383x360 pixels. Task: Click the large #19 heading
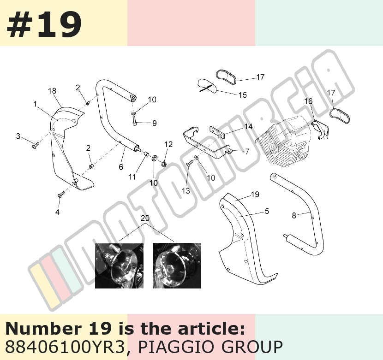[x=44, y=24]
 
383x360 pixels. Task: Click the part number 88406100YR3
[x=65, y=347]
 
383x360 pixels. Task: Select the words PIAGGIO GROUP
[x=210, y=347]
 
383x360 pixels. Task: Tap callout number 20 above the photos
[x=145, y=218]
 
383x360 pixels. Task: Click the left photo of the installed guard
[x=119, y=266]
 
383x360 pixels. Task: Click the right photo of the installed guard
[x=177, y=266]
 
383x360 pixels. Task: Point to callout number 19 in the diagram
[x=255, y=195]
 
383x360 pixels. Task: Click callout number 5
[x=267, y=211]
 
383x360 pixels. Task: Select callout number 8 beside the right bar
[x=294, y=215]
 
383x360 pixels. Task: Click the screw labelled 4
[x=61, y=194]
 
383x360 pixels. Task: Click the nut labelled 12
[x=164, y=164]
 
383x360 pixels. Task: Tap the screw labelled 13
[x=189, y=165]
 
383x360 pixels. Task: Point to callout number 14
[x=248, y=126]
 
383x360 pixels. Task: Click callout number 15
[x=243, y=95]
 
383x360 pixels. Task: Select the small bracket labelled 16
[x=320, y=130]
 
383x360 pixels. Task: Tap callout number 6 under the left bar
[x=121, y=167]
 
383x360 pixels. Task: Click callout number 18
[x=52, y=91]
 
